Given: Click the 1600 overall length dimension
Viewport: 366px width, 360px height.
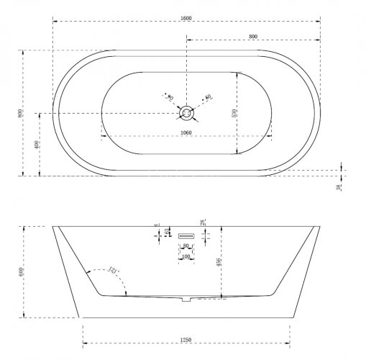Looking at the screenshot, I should click(186, 15).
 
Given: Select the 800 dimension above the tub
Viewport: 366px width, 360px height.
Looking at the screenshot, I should click(253, 35).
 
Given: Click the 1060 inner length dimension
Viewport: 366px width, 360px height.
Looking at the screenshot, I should click(186, 131).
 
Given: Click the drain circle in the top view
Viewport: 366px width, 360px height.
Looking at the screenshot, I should click(186, 112).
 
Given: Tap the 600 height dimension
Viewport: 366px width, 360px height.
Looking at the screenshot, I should click(22, 271).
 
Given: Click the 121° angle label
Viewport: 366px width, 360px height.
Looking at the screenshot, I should click(112, 270).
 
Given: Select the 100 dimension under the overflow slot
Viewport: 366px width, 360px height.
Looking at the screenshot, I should click(186, 256).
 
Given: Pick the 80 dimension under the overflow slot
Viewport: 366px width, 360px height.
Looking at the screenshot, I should click(186, 246).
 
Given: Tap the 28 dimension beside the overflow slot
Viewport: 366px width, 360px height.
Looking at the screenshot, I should click(204, 224).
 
